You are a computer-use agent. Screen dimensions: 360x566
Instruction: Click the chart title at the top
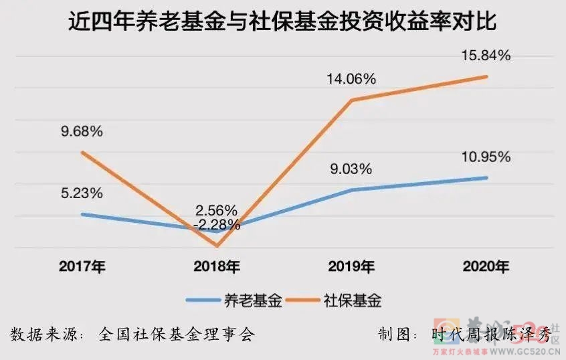pos(283,23)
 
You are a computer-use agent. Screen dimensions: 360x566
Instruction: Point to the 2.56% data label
pos(216,209)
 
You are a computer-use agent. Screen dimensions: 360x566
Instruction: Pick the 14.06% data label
pos(351,78)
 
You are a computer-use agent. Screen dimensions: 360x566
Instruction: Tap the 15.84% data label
pos(486,56)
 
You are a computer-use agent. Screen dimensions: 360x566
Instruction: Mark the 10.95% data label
pos(486,157)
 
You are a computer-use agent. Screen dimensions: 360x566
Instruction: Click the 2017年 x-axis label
pos(82,267)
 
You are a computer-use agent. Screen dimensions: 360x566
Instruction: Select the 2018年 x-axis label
pos(217,267)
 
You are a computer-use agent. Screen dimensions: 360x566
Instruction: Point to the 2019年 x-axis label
pos(351,267)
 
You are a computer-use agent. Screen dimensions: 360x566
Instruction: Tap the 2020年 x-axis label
pos(486,267)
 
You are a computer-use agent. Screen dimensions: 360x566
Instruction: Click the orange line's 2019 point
pos(352,100)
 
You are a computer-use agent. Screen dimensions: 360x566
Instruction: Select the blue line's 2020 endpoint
pos(486,177)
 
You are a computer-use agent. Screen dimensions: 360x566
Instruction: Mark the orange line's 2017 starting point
pos(82,152)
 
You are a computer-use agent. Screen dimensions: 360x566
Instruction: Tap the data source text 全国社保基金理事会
pos(177,334)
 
